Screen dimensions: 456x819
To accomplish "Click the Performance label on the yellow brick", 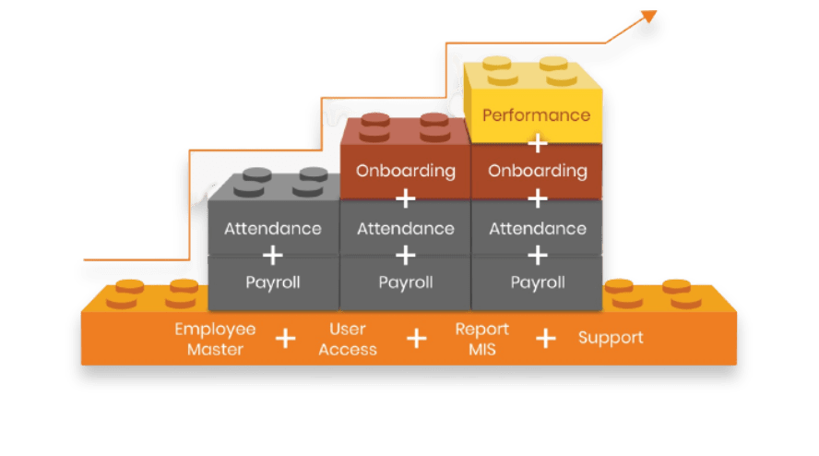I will coord(536,115).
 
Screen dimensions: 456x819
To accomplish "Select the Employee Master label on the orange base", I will coord(215,339).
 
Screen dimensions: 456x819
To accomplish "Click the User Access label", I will coord(348,339).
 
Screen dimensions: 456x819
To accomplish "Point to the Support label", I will coord(611,338).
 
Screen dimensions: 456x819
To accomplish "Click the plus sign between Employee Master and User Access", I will coord(286,339).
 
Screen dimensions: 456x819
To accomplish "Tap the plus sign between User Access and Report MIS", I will coord(417,339).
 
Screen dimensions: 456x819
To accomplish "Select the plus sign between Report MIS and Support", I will coord(547,339).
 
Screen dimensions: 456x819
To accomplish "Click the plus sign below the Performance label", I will coord(537,143).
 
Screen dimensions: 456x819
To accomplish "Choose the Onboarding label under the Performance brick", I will coord(537,171).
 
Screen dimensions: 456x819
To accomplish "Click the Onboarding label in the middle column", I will coord(406,171).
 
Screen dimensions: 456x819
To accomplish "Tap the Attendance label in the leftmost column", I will coord(273,228).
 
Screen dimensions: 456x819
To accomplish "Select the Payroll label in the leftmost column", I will coord(273,282).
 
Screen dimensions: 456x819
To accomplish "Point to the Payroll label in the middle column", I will coord(406,282).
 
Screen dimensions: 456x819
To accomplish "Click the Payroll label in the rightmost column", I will coord(537,282).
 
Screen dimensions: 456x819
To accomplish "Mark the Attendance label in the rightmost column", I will coord(537,228).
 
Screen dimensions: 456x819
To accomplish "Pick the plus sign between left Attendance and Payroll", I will coord(273,255).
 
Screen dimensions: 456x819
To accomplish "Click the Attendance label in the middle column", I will coord(406,228).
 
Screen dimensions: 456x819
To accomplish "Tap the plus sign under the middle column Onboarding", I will coord(406,198).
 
